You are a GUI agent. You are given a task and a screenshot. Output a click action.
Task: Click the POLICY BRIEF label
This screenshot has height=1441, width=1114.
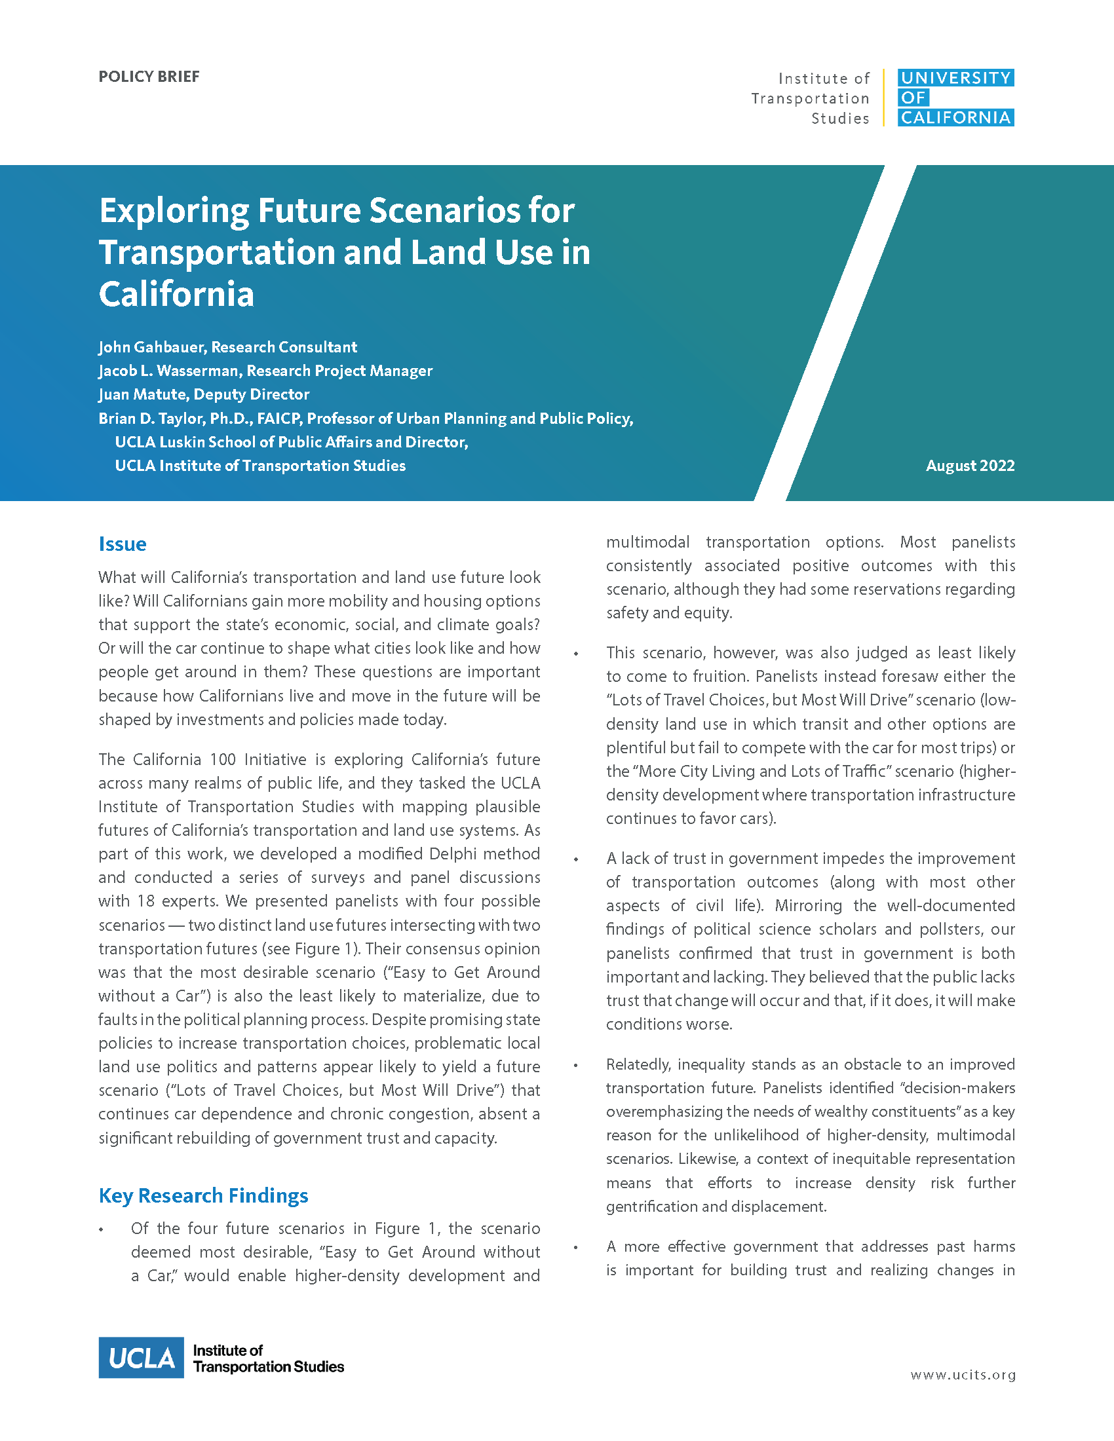click(x=149, y=77)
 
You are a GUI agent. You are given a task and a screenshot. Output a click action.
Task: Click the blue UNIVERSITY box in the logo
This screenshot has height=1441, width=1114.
click(x=955, y=78)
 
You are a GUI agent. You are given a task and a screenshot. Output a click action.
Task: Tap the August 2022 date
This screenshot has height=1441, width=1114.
click(x=969, y=466)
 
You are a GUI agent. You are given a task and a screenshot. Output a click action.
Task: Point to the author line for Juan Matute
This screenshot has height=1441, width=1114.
click(x=203, y=394)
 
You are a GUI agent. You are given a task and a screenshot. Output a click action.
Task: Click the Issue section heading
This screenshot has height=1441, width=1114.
click(x=122, y=544)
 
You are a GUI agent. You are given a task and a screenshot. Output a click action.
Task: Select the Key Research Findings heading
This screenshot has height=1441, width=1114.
click(x=203, y=1195)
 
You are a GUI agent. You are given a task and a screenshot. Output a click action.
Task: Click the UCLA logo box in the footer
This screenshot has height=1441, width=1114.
click(x=142, y=1358)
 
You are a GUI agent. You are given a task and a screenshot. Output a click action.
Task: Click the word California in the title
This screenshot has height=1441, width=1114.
click(x=176, y=294)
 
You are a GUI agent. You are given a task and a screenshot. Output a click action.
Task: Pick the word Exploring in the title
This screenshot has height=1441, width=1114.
click(x=174, y=211)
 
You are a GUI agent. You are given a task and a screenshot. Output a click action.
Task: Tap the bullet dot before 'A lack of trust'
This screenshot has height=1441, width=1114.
click(x=576, y=860)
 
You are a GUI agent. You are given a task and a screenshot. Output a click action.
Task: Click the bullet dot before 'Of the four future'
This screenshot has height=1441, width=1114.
click(x=101, y=1230)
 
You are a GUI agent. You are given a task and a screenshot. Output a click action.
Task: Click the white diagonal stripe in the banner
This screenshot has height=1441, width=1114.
click(x=835, y=333)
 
